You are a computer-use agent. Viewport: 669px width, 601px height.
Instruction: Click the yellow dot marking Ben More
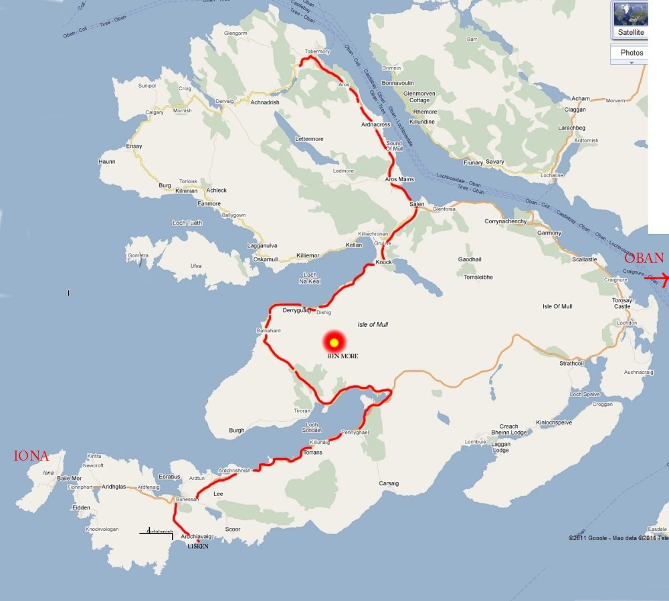coord(333,342)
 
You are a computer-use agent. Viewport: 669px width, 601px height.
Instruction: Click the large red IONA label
coord(31,457)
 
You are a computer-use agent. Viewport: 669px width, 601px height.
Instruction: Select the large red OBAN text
coord(644,258)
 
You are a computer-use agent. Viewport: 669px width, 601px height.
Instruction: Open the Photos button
coord(632,53)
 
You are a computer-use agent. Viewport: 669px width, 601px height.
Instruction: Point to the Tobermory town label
coord(317,51)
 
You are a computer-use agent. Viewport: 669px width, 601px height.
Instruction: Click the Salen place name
coord(417,204)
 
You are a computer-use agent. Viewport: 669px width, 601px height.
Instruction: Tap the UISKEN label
coord(198,546)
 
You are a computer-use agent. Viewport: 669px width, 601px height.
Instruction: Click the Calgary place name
coord(155,112)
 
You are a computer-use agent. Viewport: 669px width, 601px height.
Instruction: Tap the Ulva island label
coord(196,266)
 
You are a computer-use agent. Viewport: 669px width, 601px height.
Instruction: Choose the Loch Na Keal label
coord(310,278)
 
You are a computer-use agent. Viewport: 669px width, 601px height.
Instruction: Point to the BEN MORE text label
coord(342,356)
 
